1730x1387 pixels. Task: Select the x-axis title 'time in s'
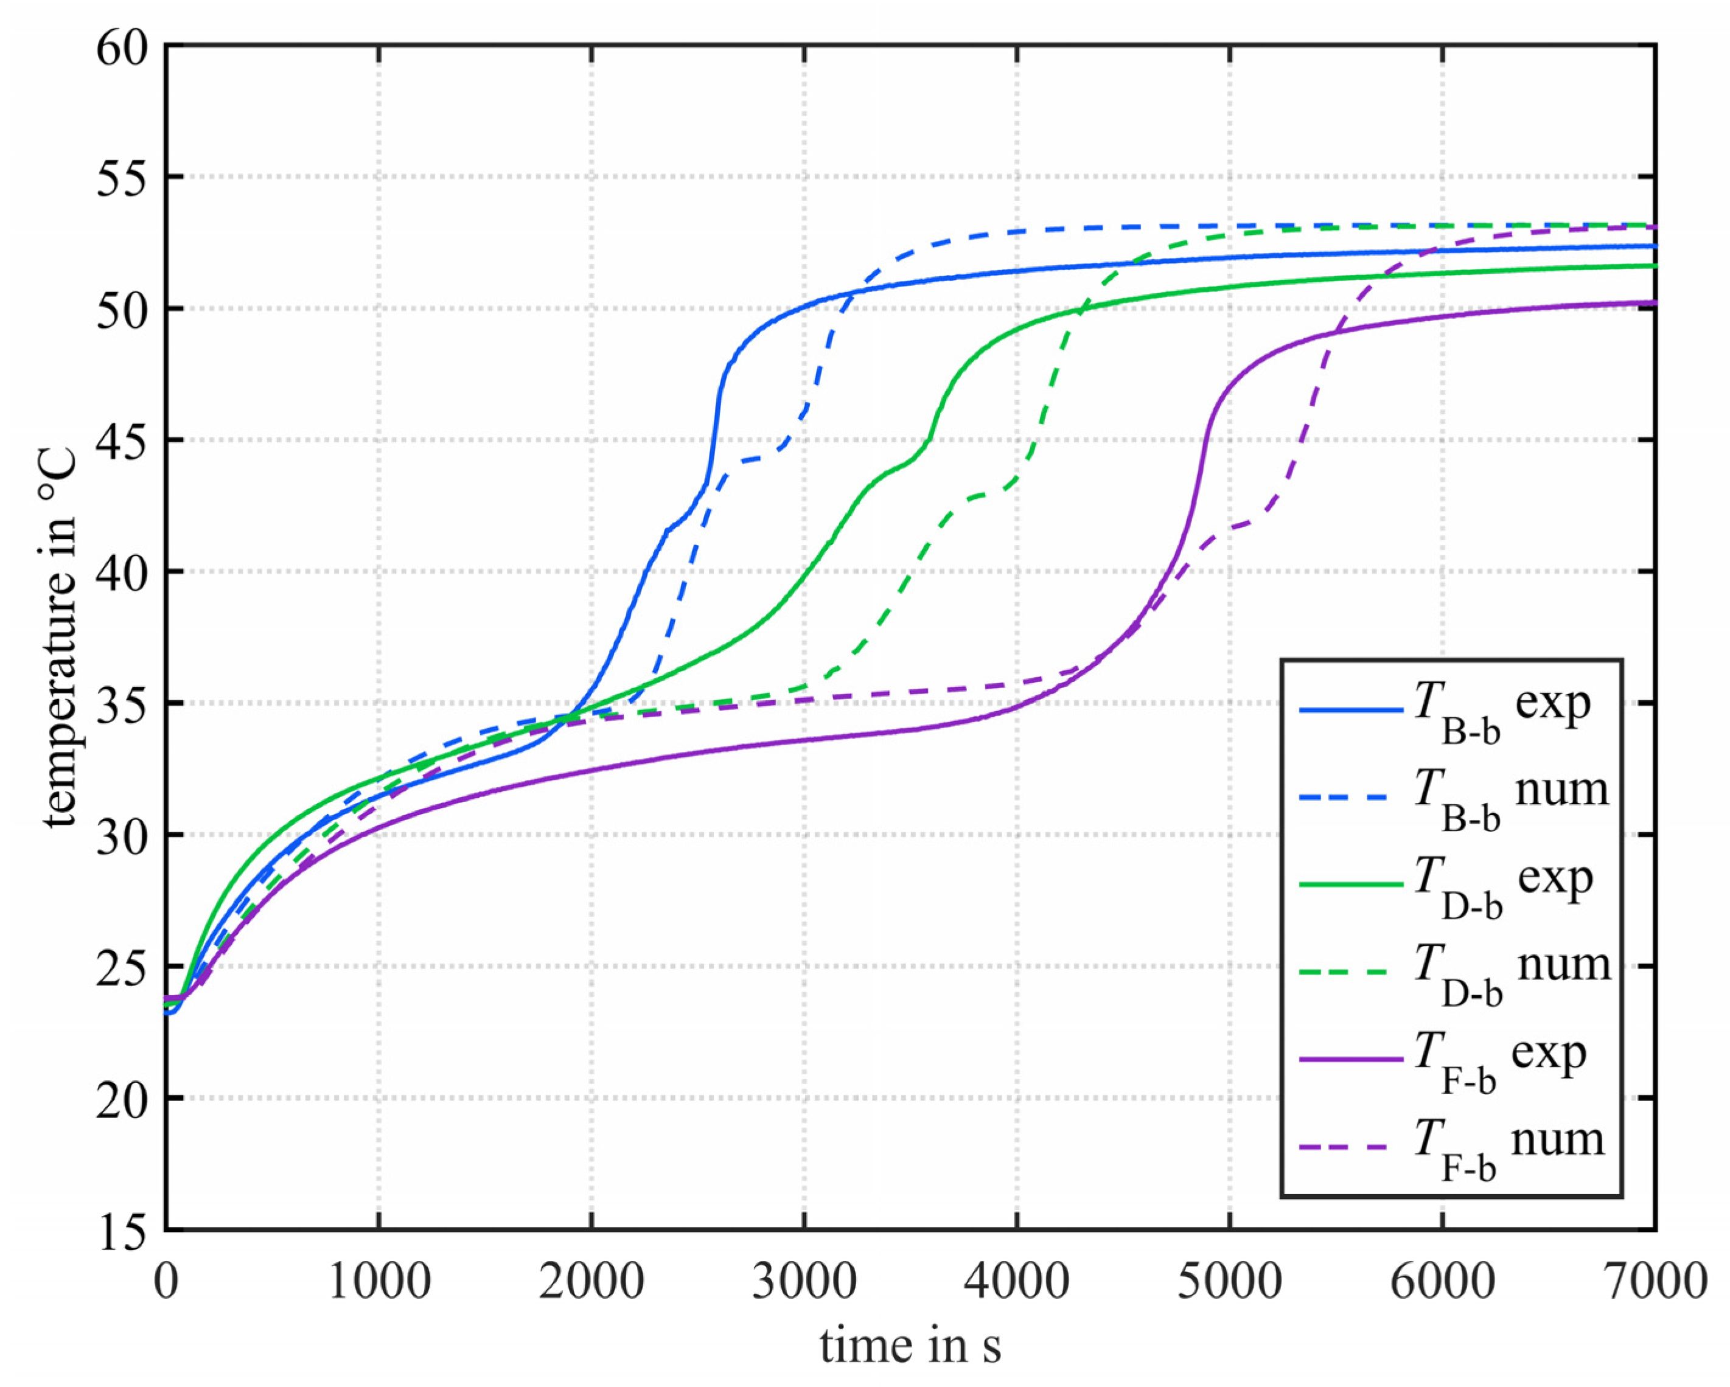(x=911, y=1344)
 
